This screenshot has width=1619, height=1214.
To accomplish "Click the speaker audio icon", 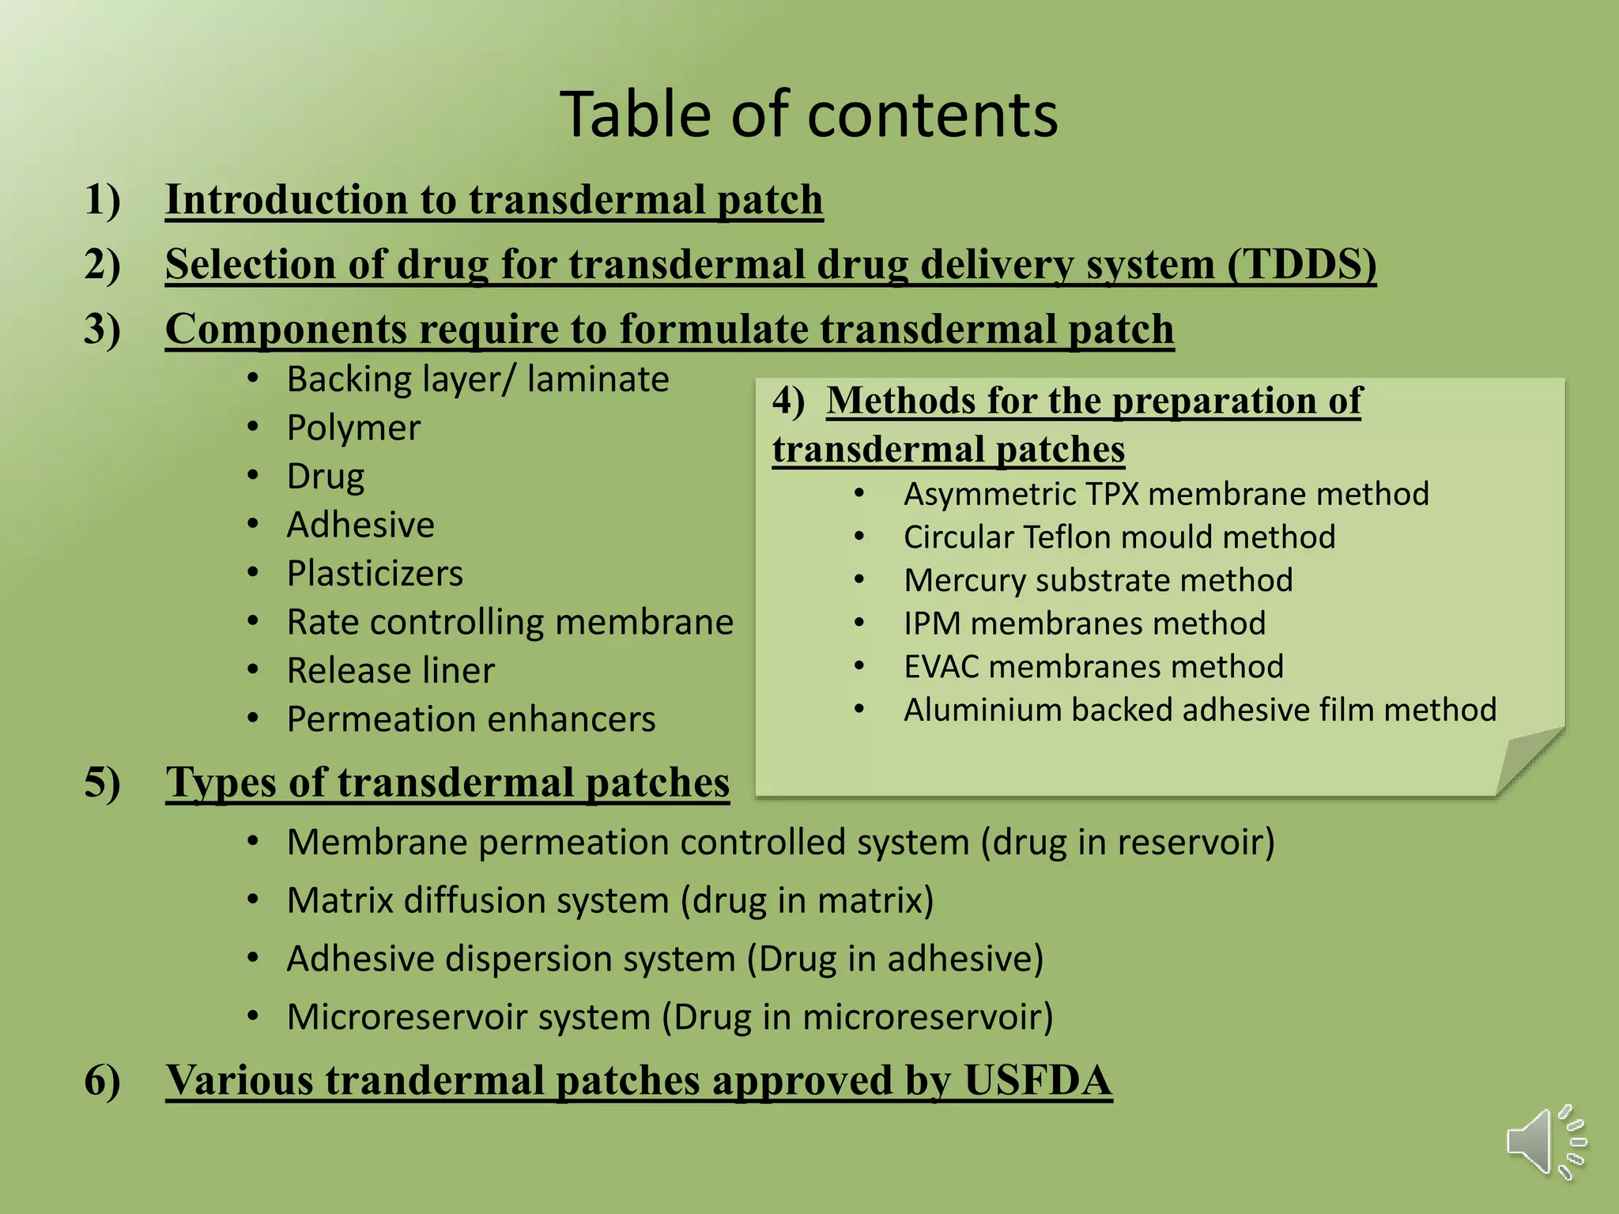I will (1545, 1142).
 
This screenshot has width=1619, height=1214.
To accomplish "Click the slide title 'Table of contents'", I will (809, 115).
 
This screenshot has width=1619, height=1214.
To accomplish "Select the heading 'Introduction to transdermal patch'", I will (494, 199).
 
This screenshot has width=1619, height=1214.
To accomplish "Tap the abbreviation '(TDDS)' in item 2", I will (1302, 264).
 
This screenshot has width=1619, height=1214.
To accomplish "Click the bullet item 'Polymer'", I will (353, 428).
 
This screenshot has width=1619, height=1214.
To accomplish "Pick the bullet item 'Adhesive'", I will (360, 525).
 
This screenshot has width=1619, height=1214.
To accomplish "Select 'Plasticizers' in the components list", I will (375, 573).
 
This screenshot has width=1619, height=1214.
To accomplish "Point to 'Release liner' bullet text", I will (391, 670).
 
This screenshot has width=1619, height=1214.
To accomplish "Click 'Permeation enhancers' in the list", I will (471, 719).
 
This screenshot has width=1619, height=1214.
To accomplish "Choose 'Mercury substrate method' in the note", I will (1098, 580).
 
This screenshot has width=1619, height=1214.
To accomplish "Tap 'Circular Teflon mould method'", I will (1119, 537).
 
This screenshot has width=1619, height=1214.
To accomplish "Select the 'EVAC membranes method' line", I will (1093, 667).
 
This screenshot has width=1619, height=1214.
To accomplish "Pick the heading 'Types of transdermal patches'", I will (447, 782).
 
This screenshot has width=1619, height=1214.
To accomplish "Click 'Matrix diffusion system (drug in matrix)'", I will (610, 900).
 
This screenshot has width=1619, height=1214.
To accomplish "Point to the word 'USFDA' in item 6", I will (1037, 1080).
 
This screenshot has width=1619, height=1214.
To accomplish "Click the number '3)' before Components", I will (103, 329).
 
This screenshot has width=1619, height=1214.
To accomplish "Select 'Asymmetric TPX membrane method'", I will (1166, 494).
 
